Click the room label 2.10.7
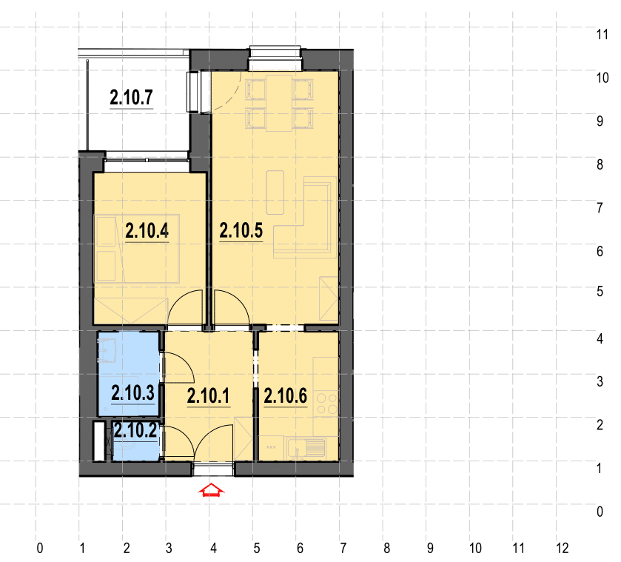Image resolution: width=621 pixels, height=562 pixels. click(131, 98)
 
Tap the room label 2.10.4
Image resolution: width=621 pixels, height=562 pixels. click(147, 231)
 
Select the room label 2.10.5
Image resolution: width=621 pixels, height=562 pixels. click(241, 231)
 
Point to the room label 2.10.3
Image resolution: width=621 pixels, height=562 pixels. click(132, 393)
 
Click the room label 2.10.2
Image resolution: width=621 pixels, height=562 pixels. click(135, 430)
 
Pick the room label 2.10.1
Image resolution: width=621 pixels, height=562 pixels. click(208, 396)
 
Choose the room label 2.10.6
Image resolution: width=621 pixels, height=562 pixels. click(286, 396)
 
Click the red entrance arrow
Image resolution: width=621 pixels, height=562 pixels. click(212, 490)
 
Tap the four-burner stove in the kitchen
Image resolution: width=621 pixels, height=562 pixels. click(327, 404)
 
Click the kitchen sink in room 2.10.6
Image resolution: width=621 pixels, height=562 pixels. click(306, 449)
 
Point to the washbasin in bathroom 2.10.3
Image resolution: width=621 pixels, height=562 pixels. click(107, 351)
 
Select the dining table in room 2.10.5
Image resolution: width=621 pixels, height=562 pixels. click(279, 103)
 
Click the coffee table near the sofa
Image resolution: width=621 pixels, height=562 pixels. click(275, 193)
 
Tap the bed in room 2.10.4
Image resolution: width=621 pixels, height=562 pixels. click(137, 249)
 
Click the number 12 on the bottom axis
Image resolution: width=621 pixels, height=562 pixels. click(563, 548)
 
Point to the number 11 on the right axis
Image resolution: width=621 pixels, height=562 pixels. click(602, 35)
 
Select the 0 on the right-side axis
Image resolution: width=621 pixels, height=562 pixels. click(600, 512)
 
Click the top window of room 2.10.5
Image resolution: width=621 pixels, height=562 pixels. click(275, 58)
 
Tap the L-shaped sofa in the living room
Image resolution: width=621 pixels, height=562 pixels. click(306, 217)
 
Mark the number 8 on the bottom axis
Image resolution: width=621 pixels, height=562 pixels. click(387, 548)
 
